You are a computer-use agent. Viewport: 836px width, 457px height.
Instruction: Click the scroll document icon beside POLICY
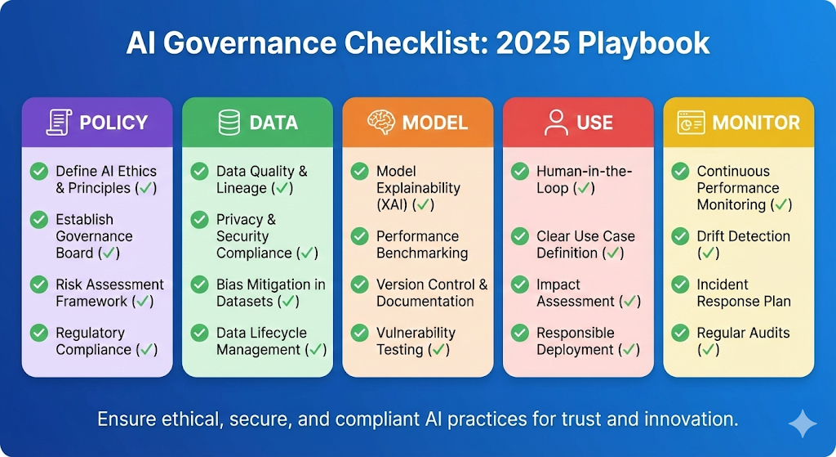click(x=59, y=123)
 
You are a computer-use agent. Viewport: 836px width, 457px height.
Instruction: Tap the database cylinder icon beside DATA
click(x=229, y=123)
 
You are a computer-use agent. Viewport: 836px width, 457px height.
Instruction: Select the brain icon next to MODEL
click(x=381, y=123)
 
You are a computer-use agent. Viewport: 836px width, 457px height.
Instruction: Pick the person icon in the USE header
click(x=556, y=123)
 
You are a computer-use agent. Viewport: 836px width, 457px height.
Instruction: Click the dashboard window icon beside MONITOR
click(x=691, y=123)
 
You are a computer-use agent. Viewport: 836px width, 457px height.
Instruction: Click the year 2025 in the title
click(x=531, y=43)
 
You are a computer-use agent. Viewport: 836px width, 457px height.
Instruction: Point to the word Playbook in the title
click(x=643, y=44)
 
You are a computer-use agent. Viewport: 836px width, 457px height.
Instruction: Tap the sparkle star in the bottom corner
click(x=803, y=424)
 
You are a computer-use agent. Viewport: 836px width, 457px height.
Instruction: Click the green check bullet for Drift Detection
click(x=680, y=236)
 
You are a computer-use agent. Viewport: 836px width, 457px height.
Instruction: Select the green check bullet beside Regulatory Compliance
click(x=39, y=333)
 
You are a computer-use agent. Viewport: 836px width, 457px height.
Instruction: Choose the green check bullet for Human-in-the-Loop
click(x=520, y=172)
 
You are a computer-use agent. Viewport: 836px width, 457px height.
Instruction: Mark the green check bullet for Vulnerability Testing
click(x=359, y=333)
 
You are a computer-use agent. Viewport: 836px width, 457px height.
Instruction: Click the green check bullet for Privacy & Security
click(x=199, y=219)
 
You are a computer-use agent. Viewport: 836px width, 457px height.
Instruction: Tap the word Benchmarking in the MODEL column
click(x=422, y=253)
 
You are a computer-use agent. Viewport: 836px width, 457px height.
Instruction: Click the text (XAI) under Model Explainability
click(x=392, y=205)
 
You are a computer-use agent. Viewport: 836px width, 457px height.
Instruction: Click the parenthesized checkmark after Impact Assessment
click(x=630, y=302)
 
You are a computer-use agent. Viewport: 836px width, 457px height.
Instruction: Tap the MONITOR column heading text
click(x=756, y=123)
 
